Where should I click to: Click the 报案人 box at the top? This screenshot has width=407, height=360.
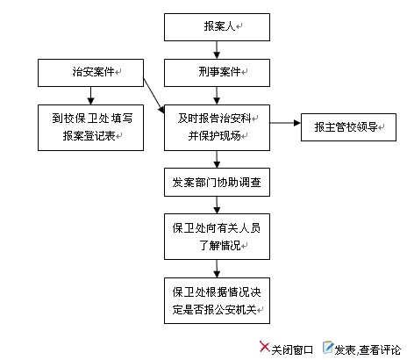pos(217,27)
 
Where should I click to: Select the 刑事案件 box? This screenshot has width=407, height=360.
pos(217,73)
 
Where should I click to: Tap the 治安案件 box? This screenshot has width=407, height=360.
pos(90,73)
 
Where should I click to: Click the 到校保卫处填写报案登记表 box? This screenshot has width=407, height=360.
pos(90,128)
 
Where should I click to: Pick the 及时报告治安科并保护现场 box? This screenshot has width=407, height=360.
pos(217,128)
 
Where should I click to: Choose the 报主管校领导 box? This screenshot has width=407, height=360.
pos(348,127)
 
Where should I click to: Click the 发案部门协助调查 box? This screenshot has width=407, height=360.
pos(217,182)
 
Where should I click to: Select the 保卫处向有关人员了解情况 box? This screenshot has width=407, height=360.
pos(217,236)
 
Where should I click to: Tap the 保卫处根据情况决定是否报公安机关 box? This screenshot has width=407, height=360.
pos(217,300)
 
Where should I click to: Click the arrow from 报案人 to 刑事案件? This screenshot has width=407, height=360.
pos(217,50)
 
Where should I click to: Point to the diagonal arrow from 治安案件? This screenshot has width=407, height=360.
pos(154,96)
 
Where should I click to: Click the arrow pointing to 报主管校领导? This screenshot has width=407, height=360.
pos(285,123)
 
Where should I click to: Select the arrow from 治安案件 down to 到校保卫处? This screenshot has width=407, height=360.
pos(90,96)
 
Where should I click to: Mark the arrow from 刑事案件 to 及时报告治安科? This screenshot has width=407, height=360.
pos(217,96)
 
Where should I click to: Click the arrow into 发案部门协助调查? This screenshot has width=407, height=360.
pos(217,160)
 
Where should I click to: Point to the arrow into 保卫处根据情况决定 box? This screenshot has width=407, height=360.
pos(217,269)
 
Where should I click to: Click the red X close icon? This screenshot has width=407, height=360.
pos(265,347)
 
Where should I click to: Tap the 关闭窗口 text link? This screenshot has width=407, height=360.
pos(292,350)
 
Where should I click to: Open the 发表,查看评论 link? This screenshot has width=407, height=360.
pos(368,350)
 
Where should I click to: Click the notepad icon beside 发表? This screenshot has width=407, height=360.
pos(328,348)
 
